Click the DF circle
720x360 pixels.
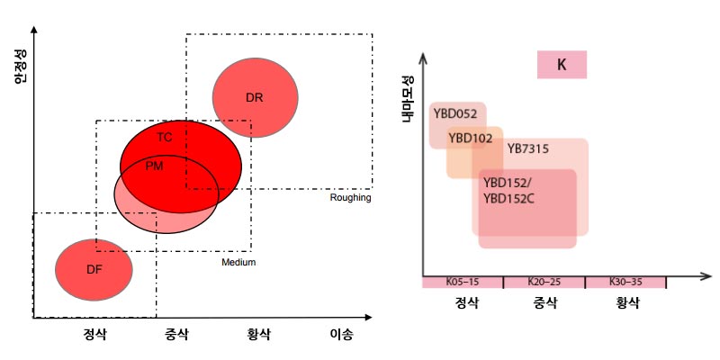point(94,269)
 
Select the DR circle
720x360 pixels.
point(255,95)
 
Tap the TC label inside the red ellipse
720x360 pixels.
point(165,138)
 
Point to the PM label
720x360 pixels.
point(154,166)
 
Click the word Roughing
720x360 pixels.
point(350,198)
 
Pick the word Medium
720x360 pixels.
point(238,262)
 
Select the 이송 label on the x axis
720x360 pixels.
point(341,334)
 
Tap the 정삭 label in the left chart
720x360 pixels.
point(95,334)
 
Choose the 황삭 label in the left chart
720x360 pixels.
point(259,334)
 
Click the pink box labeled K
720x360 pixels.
point(562,65)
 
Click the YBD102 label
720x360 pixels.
point(470,138)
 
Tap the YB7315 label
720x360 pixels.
point(528,148)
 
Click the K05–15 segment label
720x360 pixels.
point(463,283)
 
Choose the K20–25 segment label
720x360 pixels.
point(543,283)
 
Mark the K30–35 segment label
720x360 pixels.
point(625,283)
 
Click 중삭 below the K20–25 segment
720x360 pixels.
point(543,303)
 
